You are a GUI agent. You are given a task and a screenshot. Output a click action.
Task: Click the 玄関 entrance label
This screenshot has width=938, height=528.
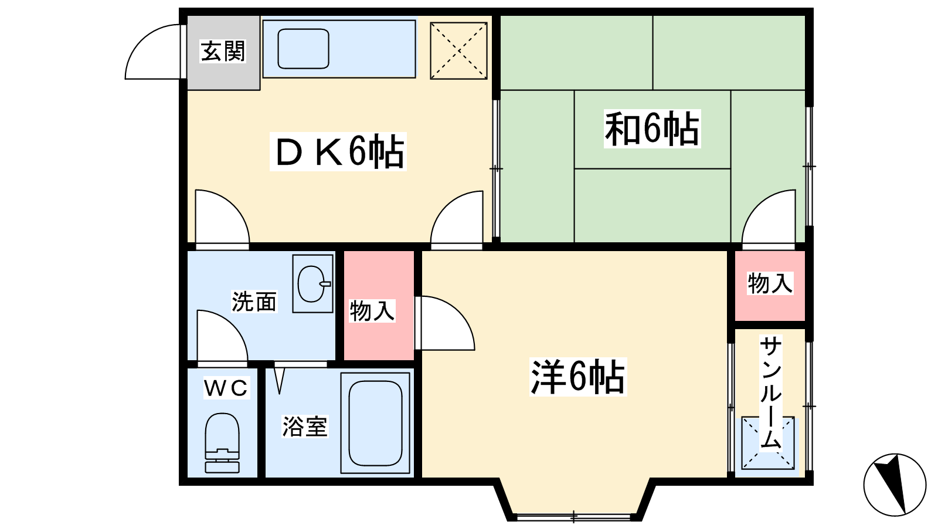(223, 51)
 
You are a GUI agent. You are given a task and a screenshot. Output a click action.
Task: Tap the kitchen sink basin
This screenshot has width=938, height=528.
(303, 49)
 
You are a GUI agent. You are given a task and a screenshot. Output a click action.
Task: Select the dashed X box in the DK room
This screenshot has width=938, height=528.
(458, 50)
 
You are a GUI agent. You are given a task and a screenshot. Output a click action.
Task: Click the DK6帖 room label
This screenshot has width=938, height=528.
(338, 151)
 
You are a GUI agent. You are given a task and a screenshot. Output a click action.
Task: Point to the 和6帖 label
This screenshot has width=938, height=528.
(652, 128)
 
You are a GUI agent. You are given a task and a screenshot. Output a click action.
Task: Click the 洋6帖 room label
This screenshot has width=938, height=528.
(578, 377)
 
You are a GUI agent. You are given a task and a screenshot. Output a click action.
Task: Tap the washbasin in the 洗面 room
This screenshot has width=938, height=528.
(312, 284)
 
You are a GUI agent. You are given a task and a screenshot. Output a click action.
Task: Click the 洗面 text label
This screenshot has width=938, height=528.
(254, 302)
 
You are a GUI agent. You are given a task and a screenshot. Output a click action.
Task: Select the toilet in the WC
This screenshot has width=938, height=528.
(222, 443)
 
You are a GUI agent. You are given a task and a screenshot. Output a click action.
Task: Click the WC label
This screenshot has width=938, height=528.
(226, 388)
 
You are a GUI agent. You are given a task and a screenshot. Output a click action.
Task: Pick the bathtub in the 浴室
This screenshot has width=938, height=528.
(375, 423)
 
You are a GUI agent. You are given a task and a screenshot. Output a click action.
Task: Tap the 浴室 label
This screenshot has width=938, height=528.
(305, 426)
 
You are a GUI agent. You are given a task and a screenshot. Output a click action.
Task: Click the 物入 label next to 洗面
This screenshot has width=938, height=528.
(372, 311)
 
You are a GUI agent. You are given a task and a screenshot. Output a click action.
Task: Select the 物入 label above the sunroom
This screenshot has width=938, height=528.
(770, 283)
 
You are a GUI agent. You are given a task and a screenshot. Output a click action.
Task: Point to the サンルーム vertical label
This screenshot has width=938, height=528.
(770, 393)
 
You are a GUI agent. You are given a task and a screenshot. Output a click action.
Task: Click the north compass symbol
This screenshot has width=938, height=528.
(895, 485)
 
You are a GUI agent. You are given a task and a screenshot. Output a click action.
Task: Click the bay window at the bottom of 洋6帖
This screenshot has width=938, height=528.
(574, 516)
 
